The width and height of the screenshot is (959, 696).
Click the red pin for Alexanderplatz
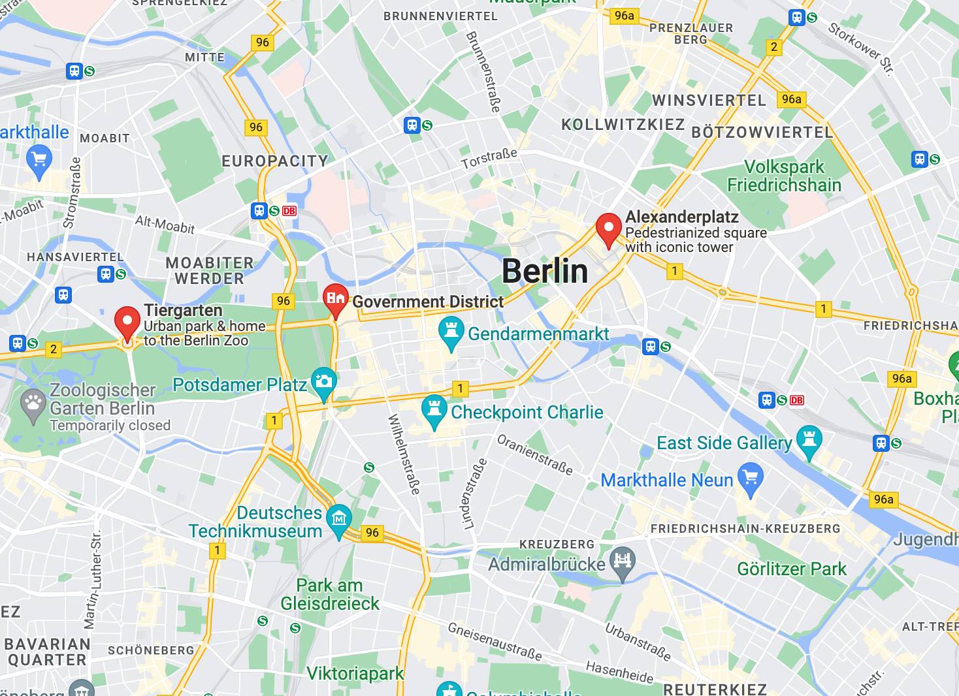pos(609,229)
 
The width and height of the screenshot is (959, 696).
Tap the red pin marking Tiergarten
pos(127,323)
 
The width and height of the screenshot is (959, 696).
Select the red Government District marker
pos(336,300)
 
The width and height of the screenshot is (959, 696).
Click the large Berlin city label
pos(545,271)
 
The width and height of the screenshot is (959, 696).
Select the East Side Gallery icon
pos(809,442)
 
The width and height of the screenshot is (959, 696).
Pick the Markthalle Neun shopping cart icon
pos(750,479)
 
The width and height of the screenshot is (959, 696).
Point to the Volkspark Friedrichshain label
pos(784,176)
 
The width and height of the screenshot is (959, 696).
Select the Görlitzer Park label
pos(791,569)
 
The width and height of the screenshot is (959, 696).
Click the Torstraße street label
pos(489,158)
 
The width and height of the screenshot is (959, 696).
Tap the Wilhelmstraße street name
pos(404,454)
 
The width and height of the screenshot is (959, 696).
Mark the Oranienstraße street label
pos(534,454)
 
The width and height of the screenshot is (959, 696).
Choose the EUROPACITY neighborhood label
pos(274,161)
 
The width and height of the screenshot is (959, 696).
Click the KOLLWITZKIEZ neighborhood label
pos(623,124)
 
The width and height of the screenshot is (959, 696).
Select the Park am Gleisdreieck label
pos(330,594)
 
